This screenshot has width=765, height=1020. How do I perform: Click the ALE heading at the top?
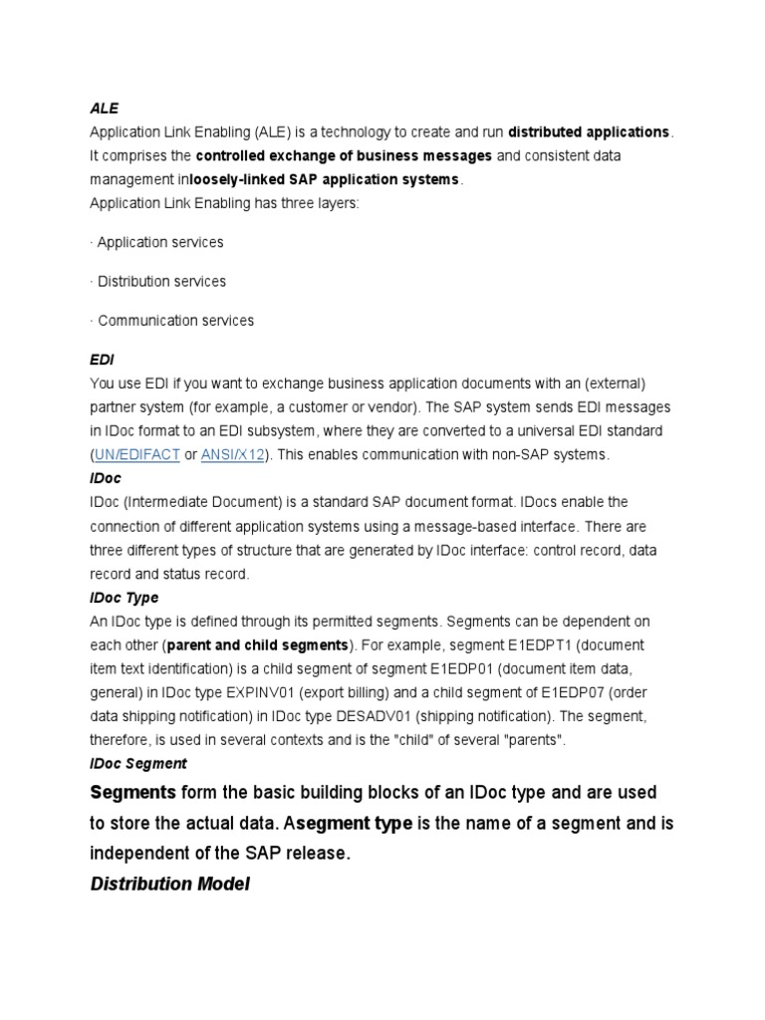click(x=105, y=108)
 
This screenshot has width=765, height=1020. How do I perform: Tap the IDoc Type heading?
click(x=124, y=598)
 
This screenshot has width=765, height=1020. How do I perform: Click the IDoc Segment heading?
click(x=137, y=763)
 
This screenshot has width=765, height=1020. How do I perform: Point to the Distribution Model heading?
click(x=169, y=884)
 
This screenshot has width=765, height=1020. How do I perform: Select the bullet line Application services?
click(x=159, y=242)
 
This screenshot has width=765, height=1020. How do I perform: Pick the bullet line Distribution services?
click(x=160, y=281)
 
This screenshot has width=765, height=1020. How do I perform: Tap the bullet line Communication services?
click(x=174, y=321)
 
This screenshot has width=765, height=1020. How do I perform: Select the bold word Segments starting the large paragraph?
click(x=132, y=793)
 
